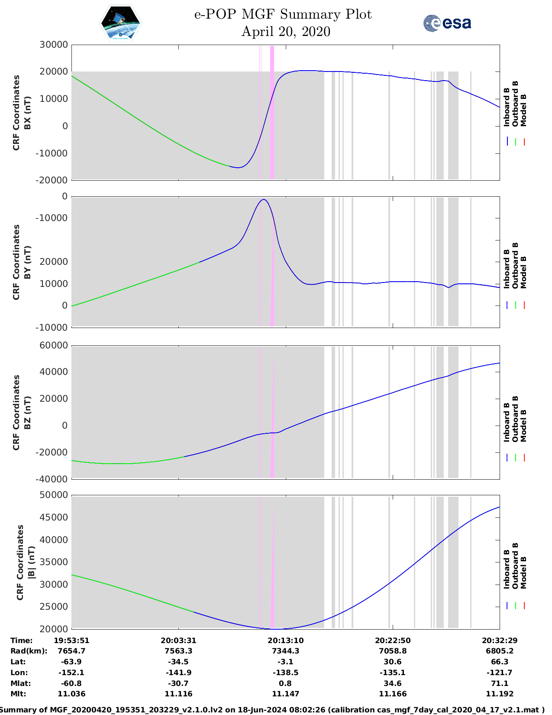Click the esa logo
tap(447, 23)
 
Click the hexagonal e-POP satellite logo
tap(120, 23)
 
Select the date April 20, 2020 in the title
tap(285, 32)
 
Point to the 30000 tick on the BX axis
tap(53, 45)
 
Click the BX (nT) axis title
tap(28, 113)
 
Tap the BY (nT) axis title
tap(28, 262)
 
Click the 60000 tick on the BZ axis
tap(53, 345)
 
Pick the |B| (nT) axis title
tap(31, 562)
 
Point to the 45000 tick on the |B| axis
tap(53, 517)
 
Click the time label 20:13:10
tap(285, 640)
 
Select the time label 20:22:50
tap(393, 640)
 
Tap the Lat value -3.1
tap(285, 662)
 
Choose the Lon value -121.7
tap(500, 673)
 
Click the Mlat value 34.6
tap(393, 683)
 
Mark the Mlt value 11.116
tap(178, 694)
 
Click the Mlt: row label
tap(18, 694)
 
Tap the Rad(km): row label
tap(29, 651)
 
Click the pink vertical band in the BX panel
tap(272, 113)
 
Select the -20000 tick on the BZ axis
tap(53, 452)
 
